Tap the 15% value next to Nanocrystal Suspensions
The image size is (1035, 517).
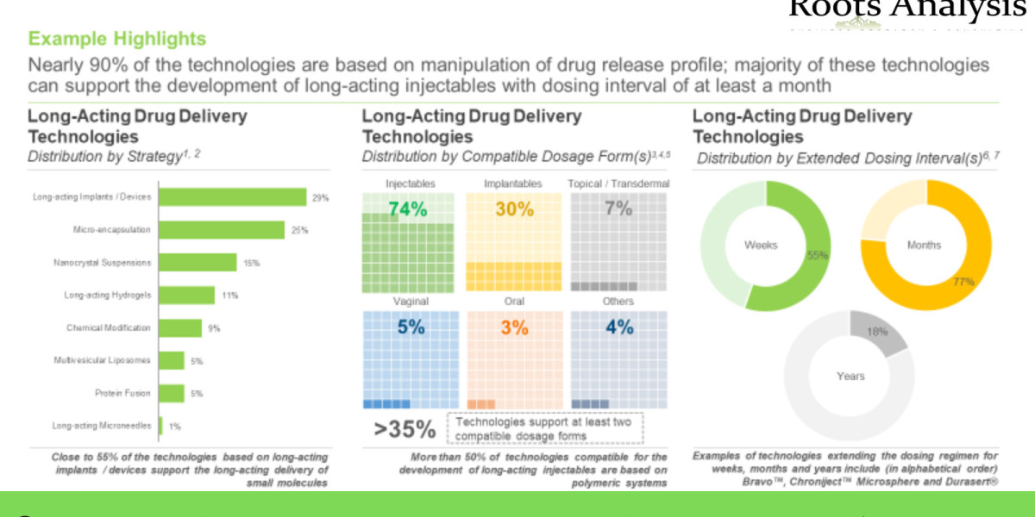coord(251,263)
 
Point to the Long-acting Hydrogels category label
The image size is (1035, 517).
coord(108,296)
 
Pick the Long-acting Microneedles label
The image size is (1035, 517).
coord(102,426)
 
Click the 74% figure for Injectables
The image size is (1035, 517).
coord(409,209)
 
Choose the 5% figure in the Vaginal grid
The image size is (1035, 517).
coord(409,327)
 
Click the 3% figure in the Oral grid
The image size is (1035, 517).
coord(512,327)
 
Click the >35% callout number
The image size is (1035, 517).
coord(405,430)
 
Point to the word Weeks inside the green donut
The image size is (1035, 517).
coord(761,246)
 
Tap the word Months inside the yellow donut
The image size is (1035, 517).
coord(924,246)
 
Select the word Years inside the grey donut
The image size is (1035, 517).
coord(850,376)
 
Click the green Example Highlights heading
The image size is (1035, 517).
coord(116,39)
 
